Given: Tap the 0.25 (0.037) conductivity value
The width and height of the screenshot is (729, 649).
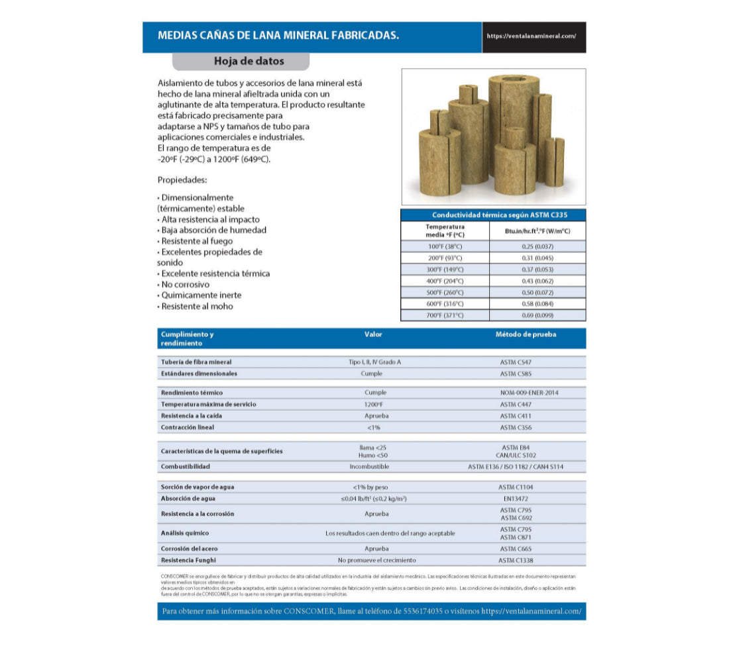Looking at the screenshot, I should click(537, 246).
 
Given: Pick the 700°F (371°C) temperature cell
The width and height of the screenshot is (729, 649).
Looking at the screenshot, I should click(445, 315).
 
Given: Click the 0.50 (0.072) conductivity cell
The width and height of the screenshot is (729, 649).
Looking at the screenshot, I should click(537, 292).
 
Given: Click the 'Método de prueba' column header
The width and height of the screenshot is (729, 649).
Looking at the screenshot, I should click(526, 334).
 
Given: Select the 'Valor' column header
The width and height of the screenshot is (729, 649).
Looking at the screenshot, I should click(373, 334).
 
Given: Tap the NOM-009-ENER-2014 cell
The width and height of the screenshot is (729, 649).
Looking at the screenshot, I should click(529, 393).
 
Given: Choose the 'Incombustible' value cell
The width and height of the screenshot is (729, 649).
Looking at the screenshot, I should click(373, 467).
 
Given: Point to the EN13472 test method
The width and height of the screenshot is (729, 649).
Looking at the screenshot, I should click(516, 499).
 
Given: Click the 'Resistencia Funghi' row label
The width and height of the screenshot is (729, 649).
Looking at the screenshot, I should click(188, 560).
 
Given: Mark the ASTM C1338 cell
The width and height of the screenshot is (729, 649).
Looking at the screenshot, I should click(516, 560).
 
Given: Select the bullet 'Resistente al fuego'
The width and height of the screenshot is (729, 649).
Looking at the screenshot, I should click(196, 241).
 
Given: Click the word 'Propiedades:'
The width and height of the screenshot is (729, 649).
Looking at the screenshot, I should click(182, 180).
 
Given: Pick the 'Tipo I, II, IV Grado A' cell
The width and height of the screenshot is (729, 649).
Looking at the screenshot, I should click(374, 362).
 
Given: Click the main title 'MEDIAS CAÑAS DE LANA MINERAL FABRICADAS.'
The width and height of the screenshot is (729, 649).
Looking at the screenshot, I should click(278, 36).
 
